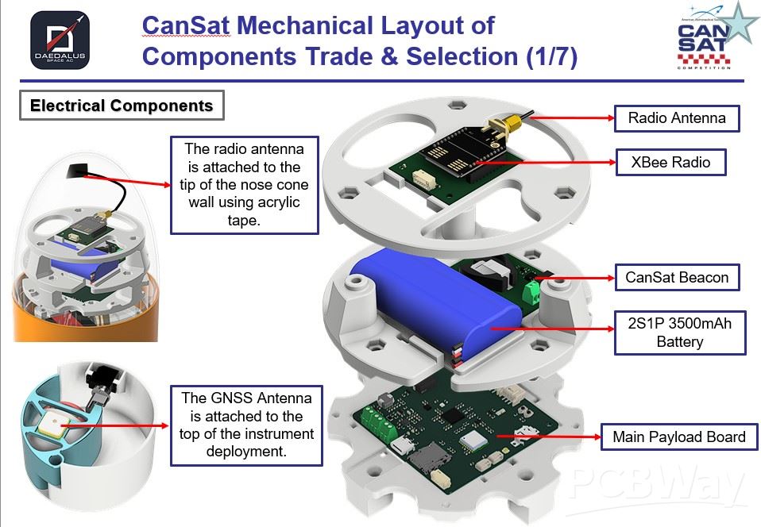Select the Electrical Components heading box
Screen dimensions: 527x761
point(121,106)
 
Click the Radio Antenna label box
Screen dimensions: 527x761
point(677,118)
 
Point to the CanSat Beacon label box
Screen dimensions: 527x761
point(677,278)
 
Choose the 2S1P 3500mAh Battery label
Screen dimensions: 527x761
point(680,333)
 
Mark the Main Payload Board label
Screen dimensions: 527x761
point(678,437)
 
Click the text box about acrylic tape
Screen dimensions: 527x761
point(244,184)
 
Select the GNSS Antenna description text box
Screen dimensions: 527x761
point(246,425)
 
